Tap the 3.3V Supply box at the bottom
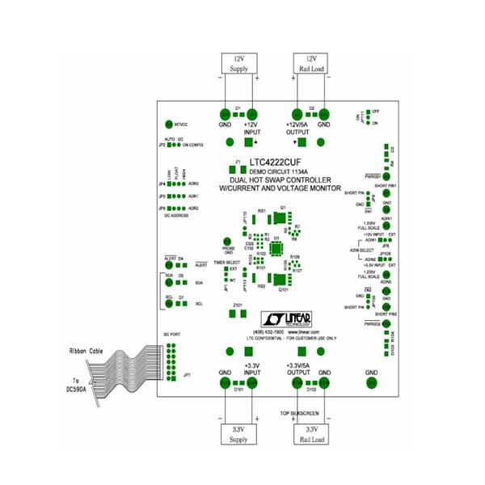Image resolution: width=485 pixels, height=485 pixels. pyautogui.click(x=239, y=433)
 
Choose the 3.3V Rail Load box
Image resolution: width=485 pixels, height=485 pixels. pyautogui.click(x=311, y=433)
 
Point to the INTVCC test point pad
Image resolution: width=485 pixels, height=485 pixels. pyautogui.click(x=169, y=124)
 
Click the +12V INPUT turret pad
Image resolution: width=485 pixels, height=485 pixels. pyautogui.click(x=252, y=115)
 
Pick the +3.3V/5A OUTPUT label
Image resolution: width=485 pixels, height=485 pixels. pyautogui.click(x=302, y=369)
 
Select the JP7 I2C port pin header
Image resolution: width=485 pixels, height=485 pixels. pyautogui.click(x=171, y=356)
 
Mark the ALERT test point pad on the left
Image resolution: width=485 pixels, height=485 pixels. pyautogui.click(x=170, y=265)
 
